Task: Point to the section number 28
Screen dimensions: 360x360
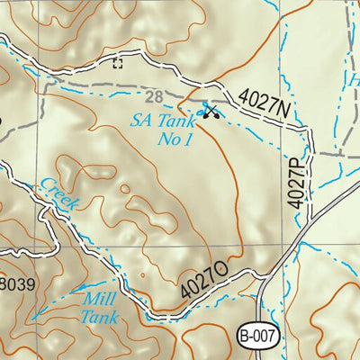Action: click(152, 96)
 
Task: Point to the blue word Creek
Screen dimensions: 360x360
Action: click(57, 197)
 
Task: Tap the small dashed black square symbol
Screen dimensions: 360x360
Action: click(117, 62)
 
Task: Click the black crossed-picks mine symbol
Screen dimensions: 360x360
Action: click(212, 112)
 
